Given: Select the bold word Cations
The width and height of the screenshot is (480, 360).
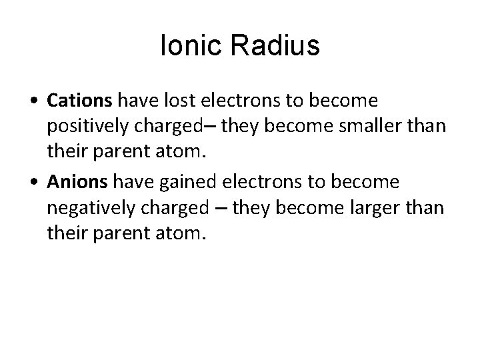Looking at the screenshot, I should point(81,101).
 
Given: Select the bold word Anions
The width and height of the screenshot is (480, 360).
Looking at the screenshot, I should point(77,182).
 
